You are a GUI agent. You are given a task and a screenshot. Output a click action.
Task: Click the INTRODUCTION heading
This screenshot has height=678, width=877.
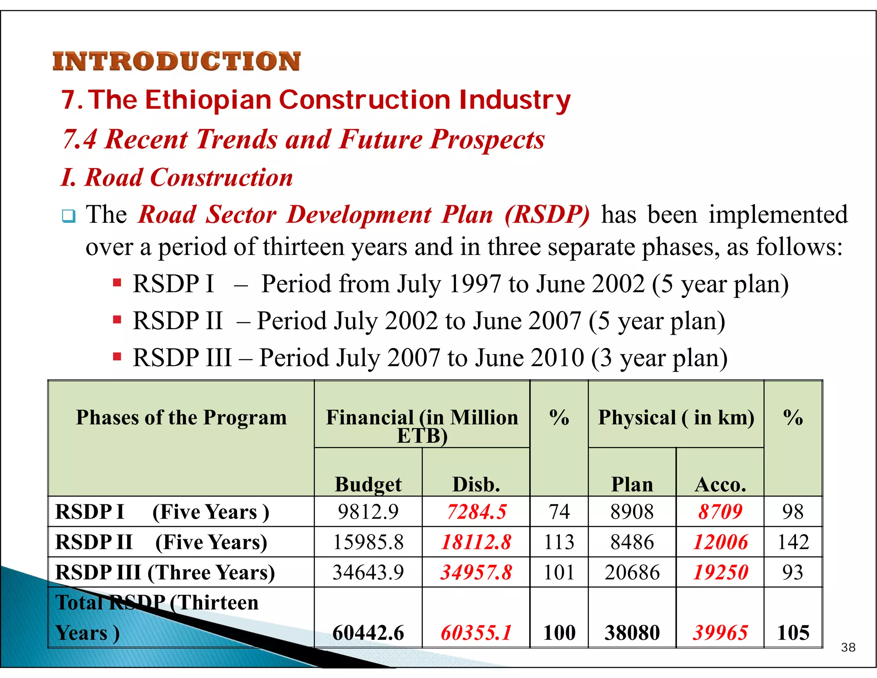tap(176, 61)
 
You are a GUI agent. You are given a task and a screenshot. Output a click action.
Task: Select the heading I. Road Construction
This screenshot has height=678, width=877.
tap(177, 177)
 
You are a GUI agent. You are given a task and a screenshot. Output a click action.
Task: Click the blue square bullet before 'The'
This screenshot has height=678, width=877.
tap(69, 216)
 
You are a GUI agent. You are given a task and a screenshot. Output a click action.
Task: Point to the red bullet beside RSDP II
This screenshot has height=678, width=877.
tap(117, 320)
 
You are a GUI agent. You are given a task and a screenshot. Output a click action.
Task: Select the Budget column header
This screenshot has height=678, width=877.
tap(368, 484)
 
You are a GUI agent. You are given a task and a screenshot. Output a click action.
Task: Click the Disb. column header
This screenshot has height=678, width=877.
tap(476, 484)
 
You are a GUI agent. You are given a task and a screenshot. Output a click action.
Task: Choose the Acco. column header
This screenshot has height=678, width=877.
tap(720, 484)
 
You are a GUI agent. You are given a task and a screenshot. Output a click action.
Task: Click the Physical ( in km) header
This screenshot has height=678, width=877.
tap(676, 417)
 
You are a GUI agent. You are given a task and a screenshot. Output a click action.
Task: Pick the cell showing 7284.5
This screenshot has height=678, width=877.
tap(476, 512)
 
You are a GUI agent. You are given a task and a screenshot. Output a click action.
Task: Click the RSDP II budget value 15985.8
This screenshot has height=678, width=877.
tap(368, 542)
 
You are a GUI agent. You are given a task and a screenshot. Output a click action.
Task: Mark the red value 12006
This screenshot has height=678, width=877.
tap(720, 542)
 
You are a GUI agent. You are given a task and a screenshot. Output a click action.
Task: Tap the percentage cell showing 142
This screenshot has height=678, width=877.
tap(793, 542)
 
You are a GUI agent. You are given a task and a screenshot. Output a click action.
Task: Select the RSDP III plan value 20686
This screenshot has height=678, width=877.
tap(632, 573)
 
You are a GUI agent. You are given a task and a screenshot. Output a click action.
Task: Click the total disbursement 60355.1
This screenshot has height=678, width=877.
tap(476, 633)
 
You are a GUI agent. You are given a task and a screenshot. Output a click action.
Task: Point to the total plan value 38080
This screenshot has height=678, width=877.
tap(632, 633)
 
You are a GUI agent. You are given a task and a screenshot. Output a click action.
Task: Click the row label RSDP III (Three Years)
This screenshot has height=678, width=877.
tap(165, 573)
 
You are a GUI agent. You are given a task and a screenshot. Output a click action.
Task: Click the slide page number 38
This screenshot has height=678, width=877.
tap(848, 647)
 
